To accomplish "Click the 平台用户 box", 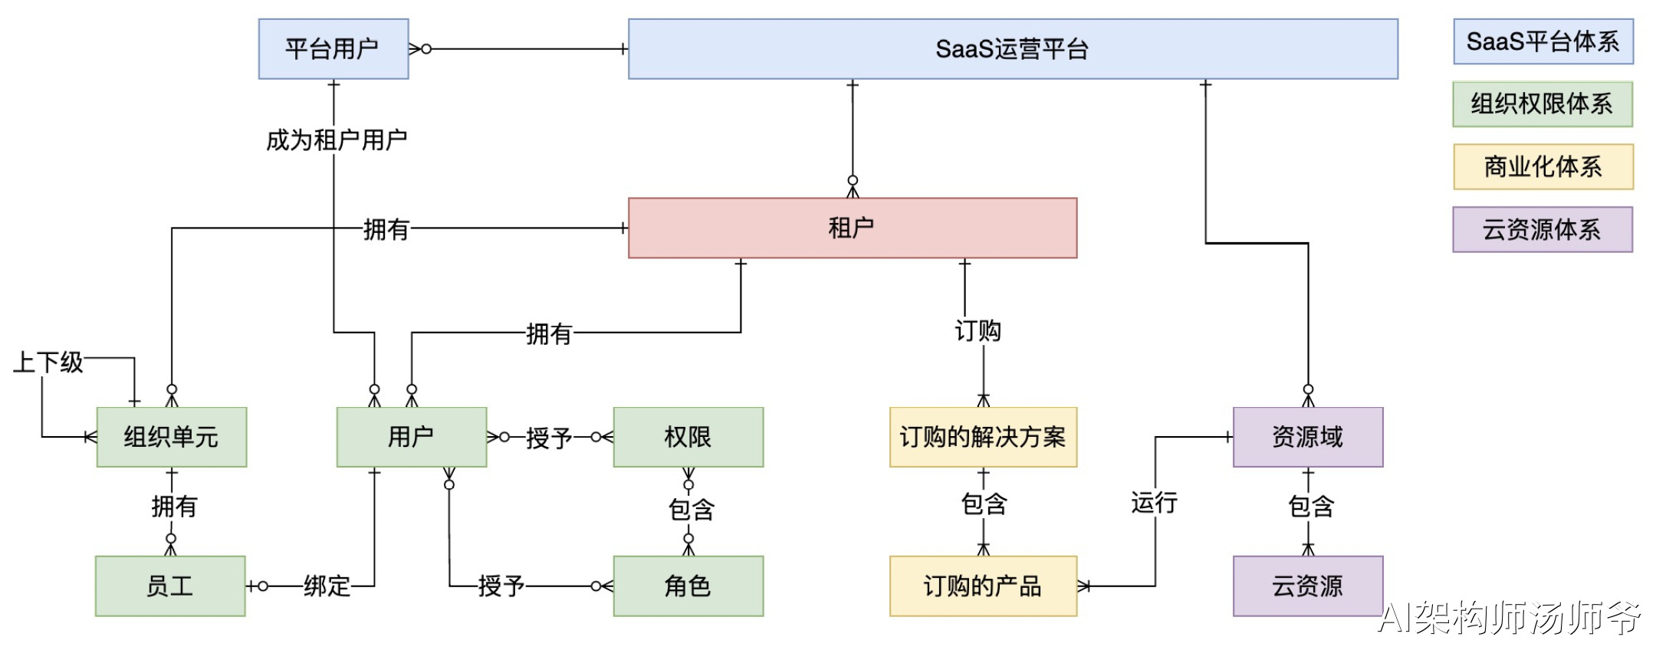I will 333,49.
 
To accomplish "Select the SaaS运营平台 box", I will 1012,49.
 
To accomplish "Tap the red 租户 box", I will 852,228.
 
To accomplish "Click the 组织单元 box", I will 171,437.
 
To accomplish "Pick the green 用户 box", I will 411,437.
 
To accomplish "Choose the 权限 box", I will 688,437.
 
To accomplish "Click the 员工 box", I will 170,586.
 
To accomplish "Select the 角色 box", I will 688,586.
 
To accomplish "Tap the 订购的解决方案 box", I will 983,437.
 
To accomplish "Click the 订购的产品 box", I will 983,586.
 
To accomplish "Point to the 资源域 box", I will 1307,437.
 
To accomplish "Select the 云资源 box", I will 1307,586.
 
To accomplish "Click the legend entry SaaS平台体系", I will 1543,41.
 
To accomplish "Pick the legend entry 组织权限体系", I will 1542,104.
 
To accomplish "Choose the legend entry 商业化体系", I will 1543,166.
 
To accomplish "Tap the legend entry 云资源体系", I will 1542,229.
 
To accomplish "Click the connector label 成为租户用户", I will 336,140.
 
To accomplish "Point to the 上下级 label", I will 48,362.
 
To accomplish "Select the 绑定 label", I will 327,586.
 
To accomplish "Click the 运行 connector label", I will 1154,503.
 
